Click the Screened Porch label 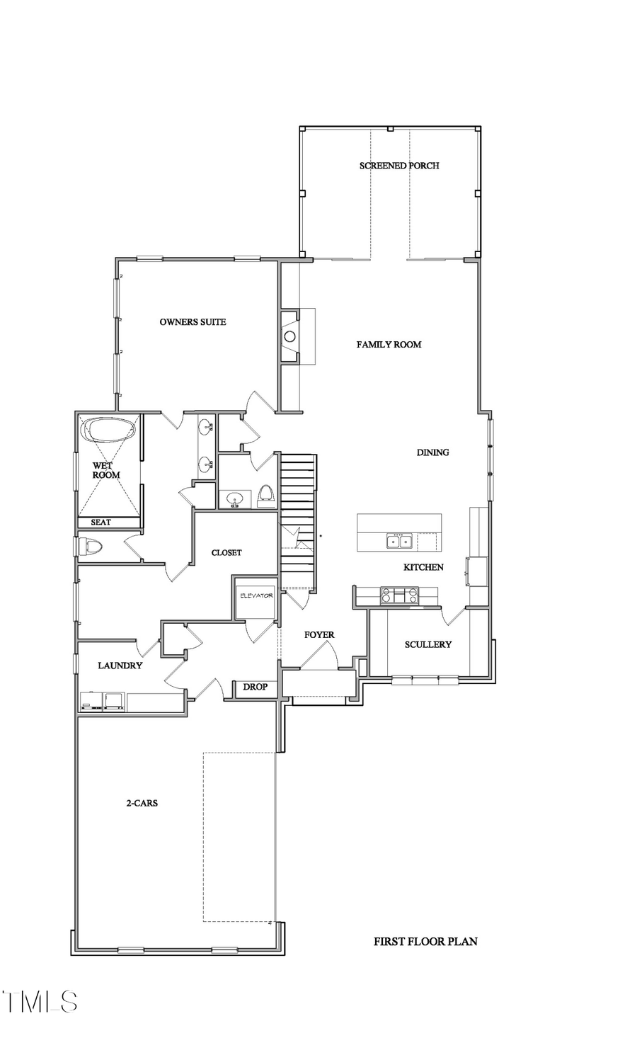399,166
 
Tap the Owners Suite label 193,322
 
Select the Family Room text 389,345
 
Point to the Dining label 432,452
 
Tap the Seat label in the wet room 101,523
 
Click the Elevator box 256,596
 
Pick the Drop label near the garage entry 255,687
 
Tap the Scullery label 427,645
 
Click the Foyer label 319,635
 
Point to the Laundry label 120,666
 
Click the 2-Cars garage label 142,804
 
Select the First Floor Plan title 425,942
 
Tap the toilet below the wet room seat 91,547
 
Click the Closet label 226,553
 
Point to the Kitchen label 423,567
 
